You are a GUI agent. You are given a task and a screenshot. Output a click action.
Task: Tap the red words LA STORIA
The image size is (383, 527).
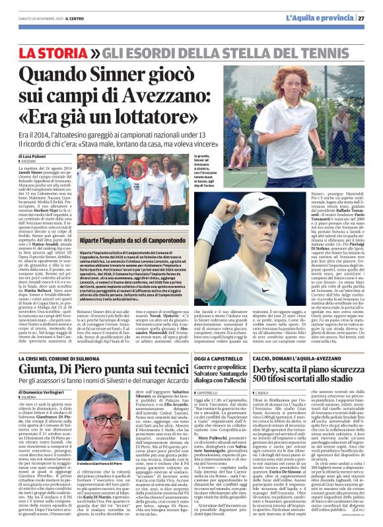click(x=50, y=53)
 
